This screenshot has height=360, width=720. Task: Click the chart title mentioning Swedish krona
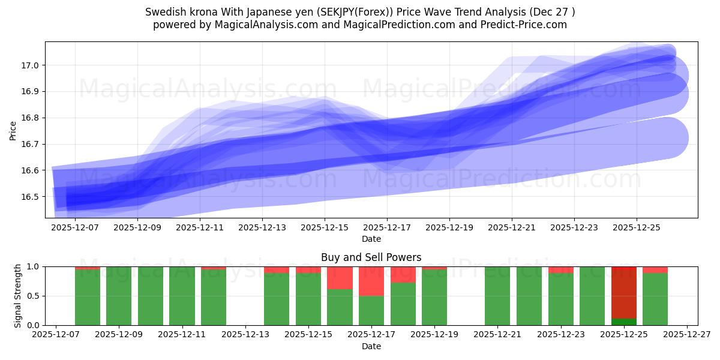point(360,12)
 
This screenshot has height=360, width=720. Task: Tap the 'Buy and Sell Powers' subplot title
point(371,257)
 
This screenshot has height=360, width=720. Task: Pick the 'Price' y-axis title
point(13,130)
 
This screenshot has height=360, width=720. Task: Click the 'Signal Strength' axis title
point(18,296)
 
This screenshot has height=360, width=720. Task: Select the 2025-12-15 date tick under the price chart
point(325,228)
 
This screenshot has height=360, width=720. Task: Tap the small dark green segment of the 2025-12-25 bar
point(624,322)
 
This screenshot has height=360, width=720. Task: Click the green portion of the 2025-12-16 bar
point(340,307)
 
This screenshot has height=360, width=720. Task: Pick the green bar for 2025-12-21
point(497,296)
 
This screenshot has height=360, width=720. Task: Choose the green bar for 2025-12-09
point(119,296)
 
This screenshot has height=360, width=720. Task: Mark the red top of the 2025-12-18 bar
point(403,275)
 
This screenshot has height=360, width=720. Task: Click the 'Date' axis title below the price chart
point(371,239)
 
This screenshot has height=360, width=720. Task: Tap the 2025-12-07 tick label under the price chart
point(75,228)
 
